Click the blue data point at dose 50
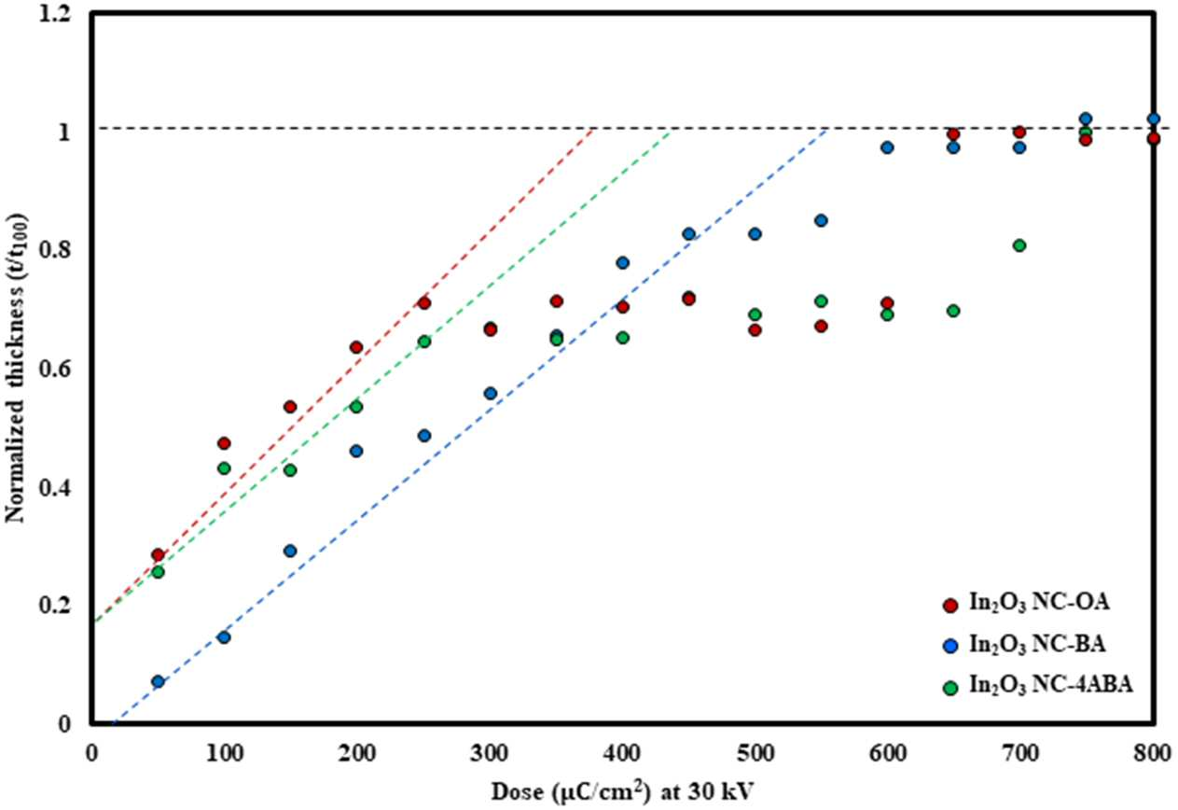tap(158, 682)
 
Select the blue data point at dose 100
tap(224, 638)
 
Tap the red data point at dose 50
tap(158, 554)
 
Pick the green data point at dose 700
tap(1019, 245)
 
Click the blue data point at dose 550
tap(821, 220)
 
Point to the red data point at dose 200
tap(356, 347)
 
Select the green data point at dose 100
tap(224, 468)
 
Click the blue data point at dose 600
tap(887, 147)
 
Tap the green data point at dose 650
tap(953, 311)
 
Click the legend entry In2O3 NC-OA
tap(1039, 603)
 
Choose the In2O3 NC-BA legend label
tap(1037, 645)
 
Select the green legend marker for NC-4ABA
tap(950, 689)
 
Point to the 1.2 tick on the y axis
tap(54, 14)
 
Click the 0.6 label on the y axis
tap(54, 370)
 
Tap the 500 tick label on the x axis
tap(755, 754)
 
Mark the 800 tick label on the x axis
tap(1153, 754)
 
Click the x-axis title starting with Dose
tap(622, 790)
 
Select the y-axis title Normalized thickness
tap(16, 369)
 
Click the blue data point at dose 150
tap(290, 552)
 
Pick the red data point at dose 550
tap(821, 327)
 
